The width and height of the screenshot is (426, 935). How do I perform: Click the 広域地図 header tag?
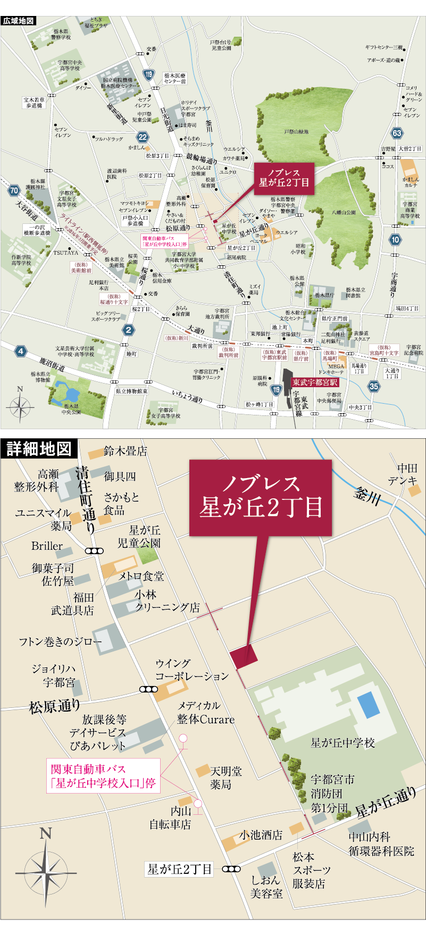(x=19, y=21)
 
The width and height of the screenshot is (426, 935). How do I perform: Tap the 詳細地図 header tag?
(x=39, y=448)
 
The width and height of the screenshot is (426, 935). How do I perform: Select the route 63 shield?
(x=396, y=133)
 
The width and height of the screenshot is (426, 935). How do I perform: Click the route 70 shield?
(x=14, y=190)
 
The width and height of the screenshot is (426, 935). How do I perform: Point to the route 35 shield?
(x=374, y=386)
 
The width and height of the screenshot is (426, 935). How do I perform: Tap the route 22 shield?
(x=141, y=137)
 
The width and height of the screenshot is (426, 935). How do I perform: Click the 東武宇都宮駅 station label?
(x=315, y=382)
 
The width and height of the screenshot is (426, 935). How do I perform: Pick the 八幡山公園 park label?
(x=344, y=213)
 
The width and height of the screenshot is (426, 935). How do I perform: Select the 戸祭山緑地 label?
(x=296, y=132)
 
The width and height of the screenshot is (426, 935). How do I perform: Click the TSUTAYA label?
(x=65, y=253)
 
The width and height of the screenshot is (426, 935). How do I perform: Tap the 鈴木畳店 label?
(x=126, y=451)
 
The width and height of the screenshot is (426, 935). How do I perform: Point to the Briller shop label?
(x=47, y=546)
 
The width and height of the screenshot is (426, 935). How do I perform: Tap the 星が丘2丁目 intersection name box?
(x=180, y=870)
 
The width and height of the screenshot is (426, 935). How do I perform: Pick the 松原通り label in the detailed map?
(x=55, y=706)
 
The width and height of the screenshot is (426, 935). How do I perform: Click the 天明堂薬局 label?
(x=226, y=778)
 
